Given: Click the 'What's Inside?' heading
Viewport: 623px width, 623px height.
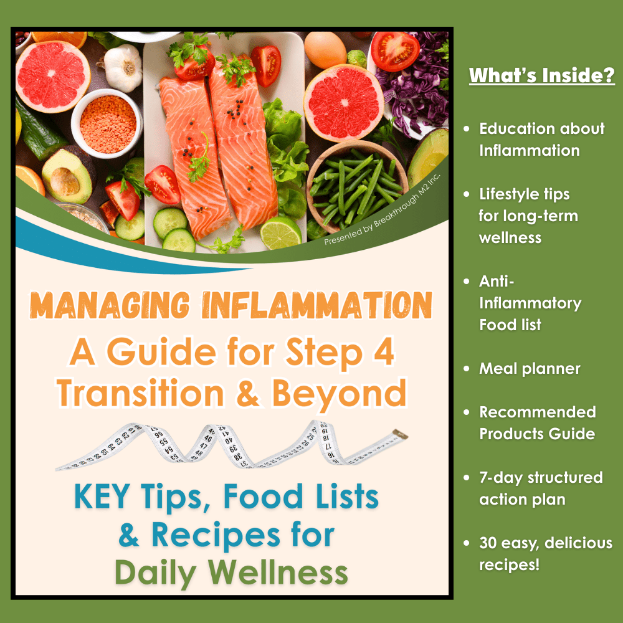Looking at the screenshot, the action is [x=541, y=75].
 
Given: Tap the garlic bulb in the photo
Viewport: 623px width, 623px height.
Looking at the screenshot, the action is [x=122, y=67].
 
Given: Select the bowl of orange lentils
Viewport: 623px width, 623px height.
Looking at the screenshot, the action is [x=107, y=123].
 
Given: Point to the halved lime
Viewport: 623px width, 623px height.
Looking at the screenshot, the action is [x=280, y=233].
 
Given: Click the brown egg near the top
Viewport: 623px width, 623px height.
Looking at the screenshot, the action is [x=325, y=50].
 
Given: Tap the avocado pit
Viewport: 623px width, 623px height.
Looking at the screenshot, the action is [x=65, y=181].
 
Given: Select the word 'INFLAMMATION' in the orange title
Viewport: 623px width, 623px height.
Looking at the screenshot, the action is [x=316, y=305].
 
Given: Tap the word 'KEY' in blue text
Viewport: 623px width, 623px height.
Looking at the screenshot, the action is [x=102, y=497].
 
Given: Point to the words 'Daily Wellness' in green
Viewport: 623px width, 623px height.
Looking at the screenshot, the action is [x=231, y=573].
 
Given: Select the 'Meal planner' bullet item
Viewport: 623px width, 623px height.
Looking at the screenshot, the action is [x=530, y=369].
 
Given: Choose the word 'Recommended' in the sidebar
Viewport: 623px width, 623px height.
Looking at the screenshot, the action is [x=538, y=412].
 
